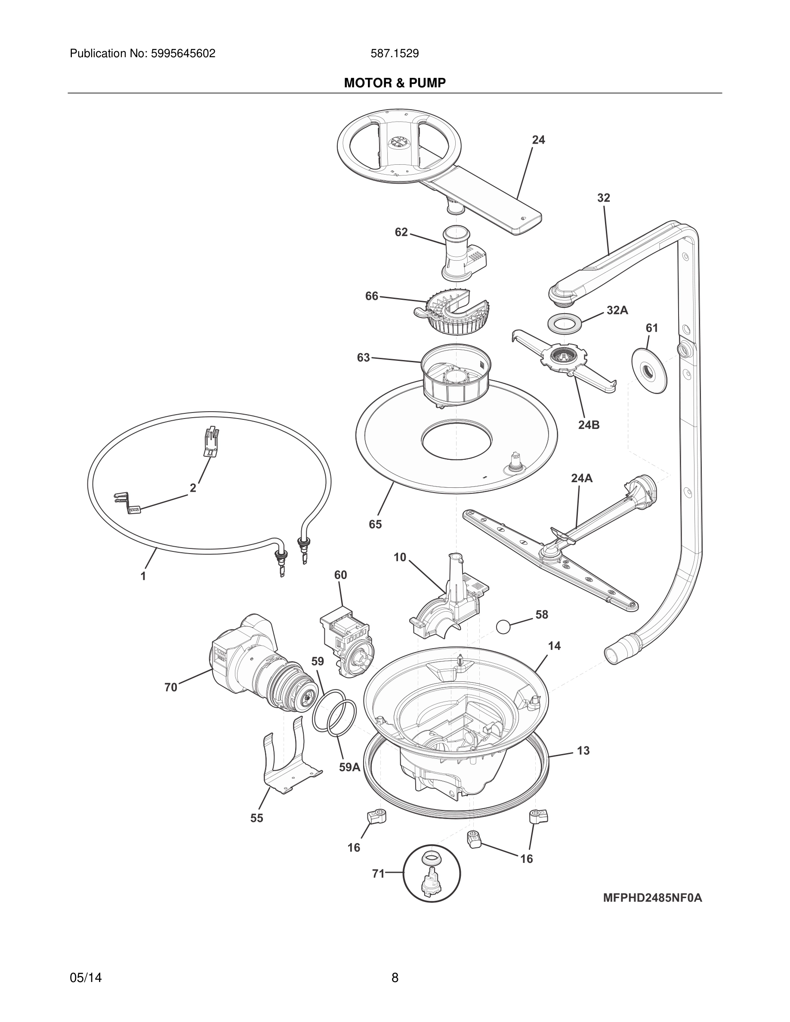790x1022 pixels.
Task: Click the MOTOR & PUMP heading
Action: pyautogui.click(x=395, y=83)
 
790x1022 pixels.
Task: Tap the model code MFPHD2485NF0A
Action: pyautogui.click(x=652, y=898)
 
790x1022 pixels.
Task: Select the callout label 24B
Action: pyautogui.click(x=588, y=425)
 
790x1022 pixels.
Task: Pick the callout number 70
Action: pyautogui.click(x=171, y=687)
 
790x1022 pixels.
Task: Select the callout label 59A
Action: pyautogui.click(x=349, y=767)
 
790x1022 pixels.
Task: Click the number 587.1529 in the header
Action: pyautogui.click(x=395, y=54)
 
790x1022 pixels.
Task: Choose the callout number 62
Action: pyautogui.click(x=401, y=232)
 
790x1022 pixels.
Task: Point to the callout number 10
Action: pyautogui.click(x=400, y=557)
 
